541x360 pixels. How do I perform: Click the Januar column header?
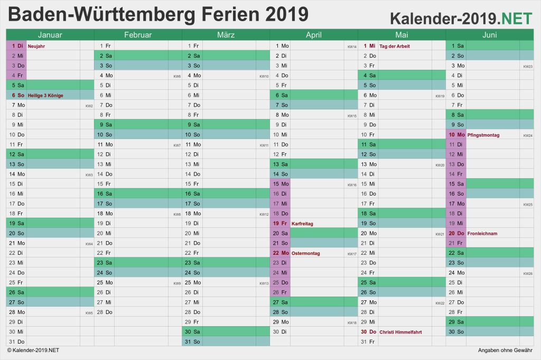[50, 35]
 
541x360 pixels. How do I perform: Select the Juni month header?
[489, 35]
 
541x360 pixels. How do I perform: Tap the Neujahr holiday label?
[36, 46]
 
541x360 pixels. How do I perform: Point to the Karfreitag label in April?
[302, 224]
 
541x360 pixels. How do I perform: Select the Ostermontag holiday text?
[305, 253]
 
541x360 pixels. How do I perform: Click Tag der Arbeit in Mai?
[394, 46]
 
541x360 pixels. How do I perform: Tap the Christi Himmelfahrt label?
[400, 332]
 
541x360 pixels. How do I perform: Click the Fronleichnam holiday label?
[482, 233]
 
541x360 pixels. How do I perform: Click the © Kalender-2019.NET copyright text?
[33, 350]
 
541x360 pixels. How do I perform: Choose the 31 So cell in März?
[193, 341]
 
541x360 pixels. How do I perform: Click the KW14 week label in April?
[351, 47]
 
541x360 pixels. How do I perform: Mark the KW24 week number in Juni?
[527, 136]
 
